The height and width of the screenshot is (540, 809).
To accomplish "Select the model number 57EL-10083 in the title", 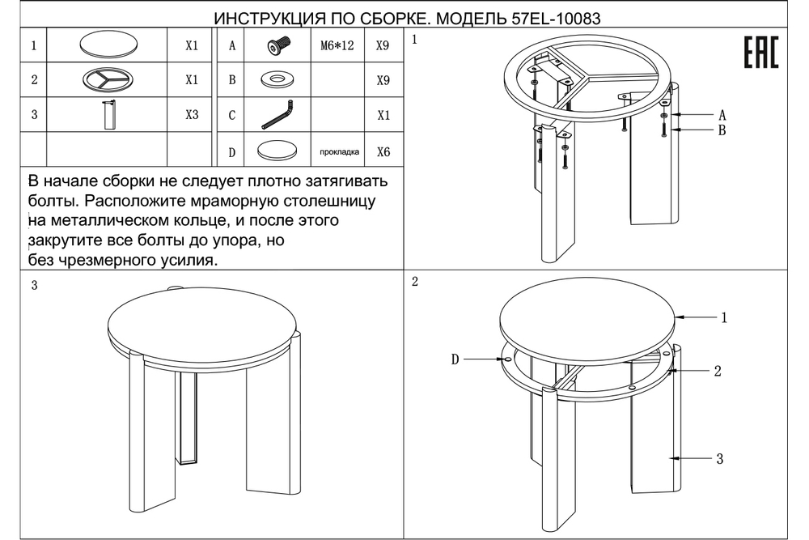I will point(557,17).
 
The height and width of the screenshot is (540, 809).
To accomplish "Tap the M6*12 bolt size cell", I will point(334,46).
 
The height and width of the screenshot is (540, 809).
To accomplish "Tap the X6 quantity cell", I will point(383,151).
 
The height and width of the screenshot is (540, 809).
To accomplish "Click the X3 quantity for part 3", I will point(192,115).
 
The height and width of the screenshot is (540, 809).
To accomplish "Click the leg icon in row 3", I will point(108,115).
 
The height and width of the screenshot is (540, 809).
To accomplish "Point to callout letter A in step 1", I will point(721,114).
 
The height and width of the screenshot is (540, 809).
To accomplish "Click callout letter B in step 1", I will point(721,130).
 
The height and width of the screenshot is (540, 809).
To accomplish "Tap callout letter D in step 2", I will point(455,359).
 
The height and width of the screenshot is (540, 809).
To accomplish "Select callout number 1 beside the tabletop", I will point(724,318).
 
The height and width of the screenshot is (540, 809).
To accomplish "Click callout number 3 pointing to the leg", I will point(719,459).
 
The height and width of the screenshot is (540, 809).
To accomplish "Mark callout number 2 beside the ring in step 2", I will point(717,372).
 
